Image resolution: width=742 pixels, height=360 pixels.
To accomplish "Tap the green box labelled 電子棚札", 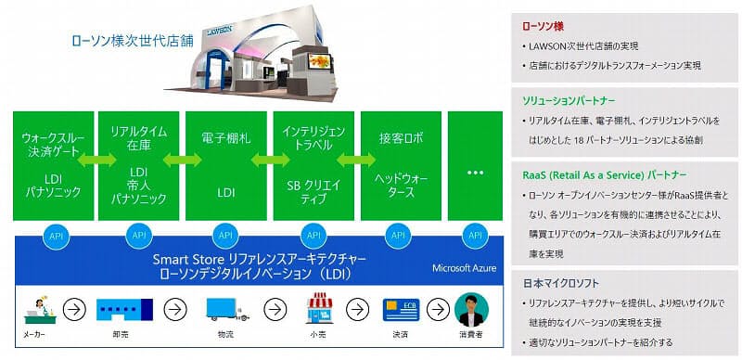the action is pos(225,165).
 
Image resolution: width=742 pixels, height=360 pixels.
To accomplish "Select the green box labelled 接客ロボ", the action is pos(400,165).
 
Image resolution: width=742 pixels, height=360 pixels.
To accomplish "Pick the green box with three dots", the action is pos(476,165).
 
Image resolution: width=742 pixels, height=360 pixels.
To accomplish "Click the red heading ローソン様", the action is pos(544,26).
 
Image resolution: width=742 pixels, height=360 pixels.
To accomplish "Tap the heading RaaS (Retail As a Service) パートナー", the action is pos(607,174).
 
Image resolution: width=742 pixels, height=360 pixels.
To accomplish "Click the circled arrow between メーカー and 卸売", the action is pos(83,308).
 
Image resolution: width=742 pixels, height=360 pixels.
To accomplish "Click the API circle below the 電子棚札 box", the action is pos(226,236).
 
